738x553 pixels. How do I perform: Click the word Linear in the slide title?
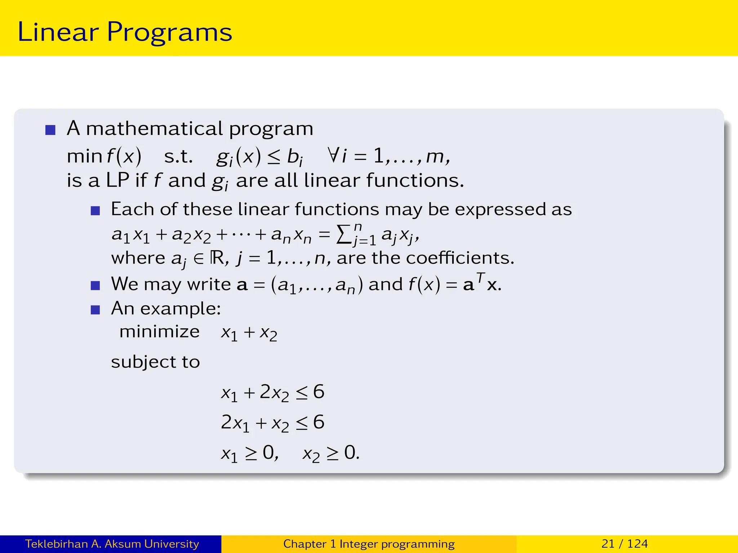click(58, 32)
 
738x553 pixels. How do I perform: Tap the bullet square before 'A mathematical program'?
click(50, 130)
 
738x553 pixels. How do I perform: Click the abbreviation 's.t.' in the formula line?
click(178, 156)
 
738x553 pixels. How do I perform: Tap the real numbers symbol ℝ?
click(217, 258)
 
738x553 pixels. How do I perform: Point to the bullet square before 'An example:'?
click(95, 310)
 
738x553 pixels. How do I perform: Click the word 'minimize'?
click(159, 332)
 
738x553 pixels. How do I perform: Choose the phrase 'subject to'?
click(155, 362)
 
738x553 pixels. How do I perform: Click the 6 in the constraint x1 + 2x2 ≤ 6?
click(319, 392)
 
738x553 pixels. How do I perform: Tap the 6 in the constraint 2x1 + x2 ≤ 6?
click(319, 422)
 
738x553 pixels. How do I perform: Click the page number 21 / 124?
click(624, 544)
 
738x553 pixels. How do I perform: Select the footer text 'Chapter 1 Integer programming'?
click(369, 544)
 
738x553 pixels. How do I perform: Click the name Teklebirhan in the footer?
click(57, 544)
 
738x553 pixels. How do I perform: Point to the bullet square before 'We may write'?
click(95, 286)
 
